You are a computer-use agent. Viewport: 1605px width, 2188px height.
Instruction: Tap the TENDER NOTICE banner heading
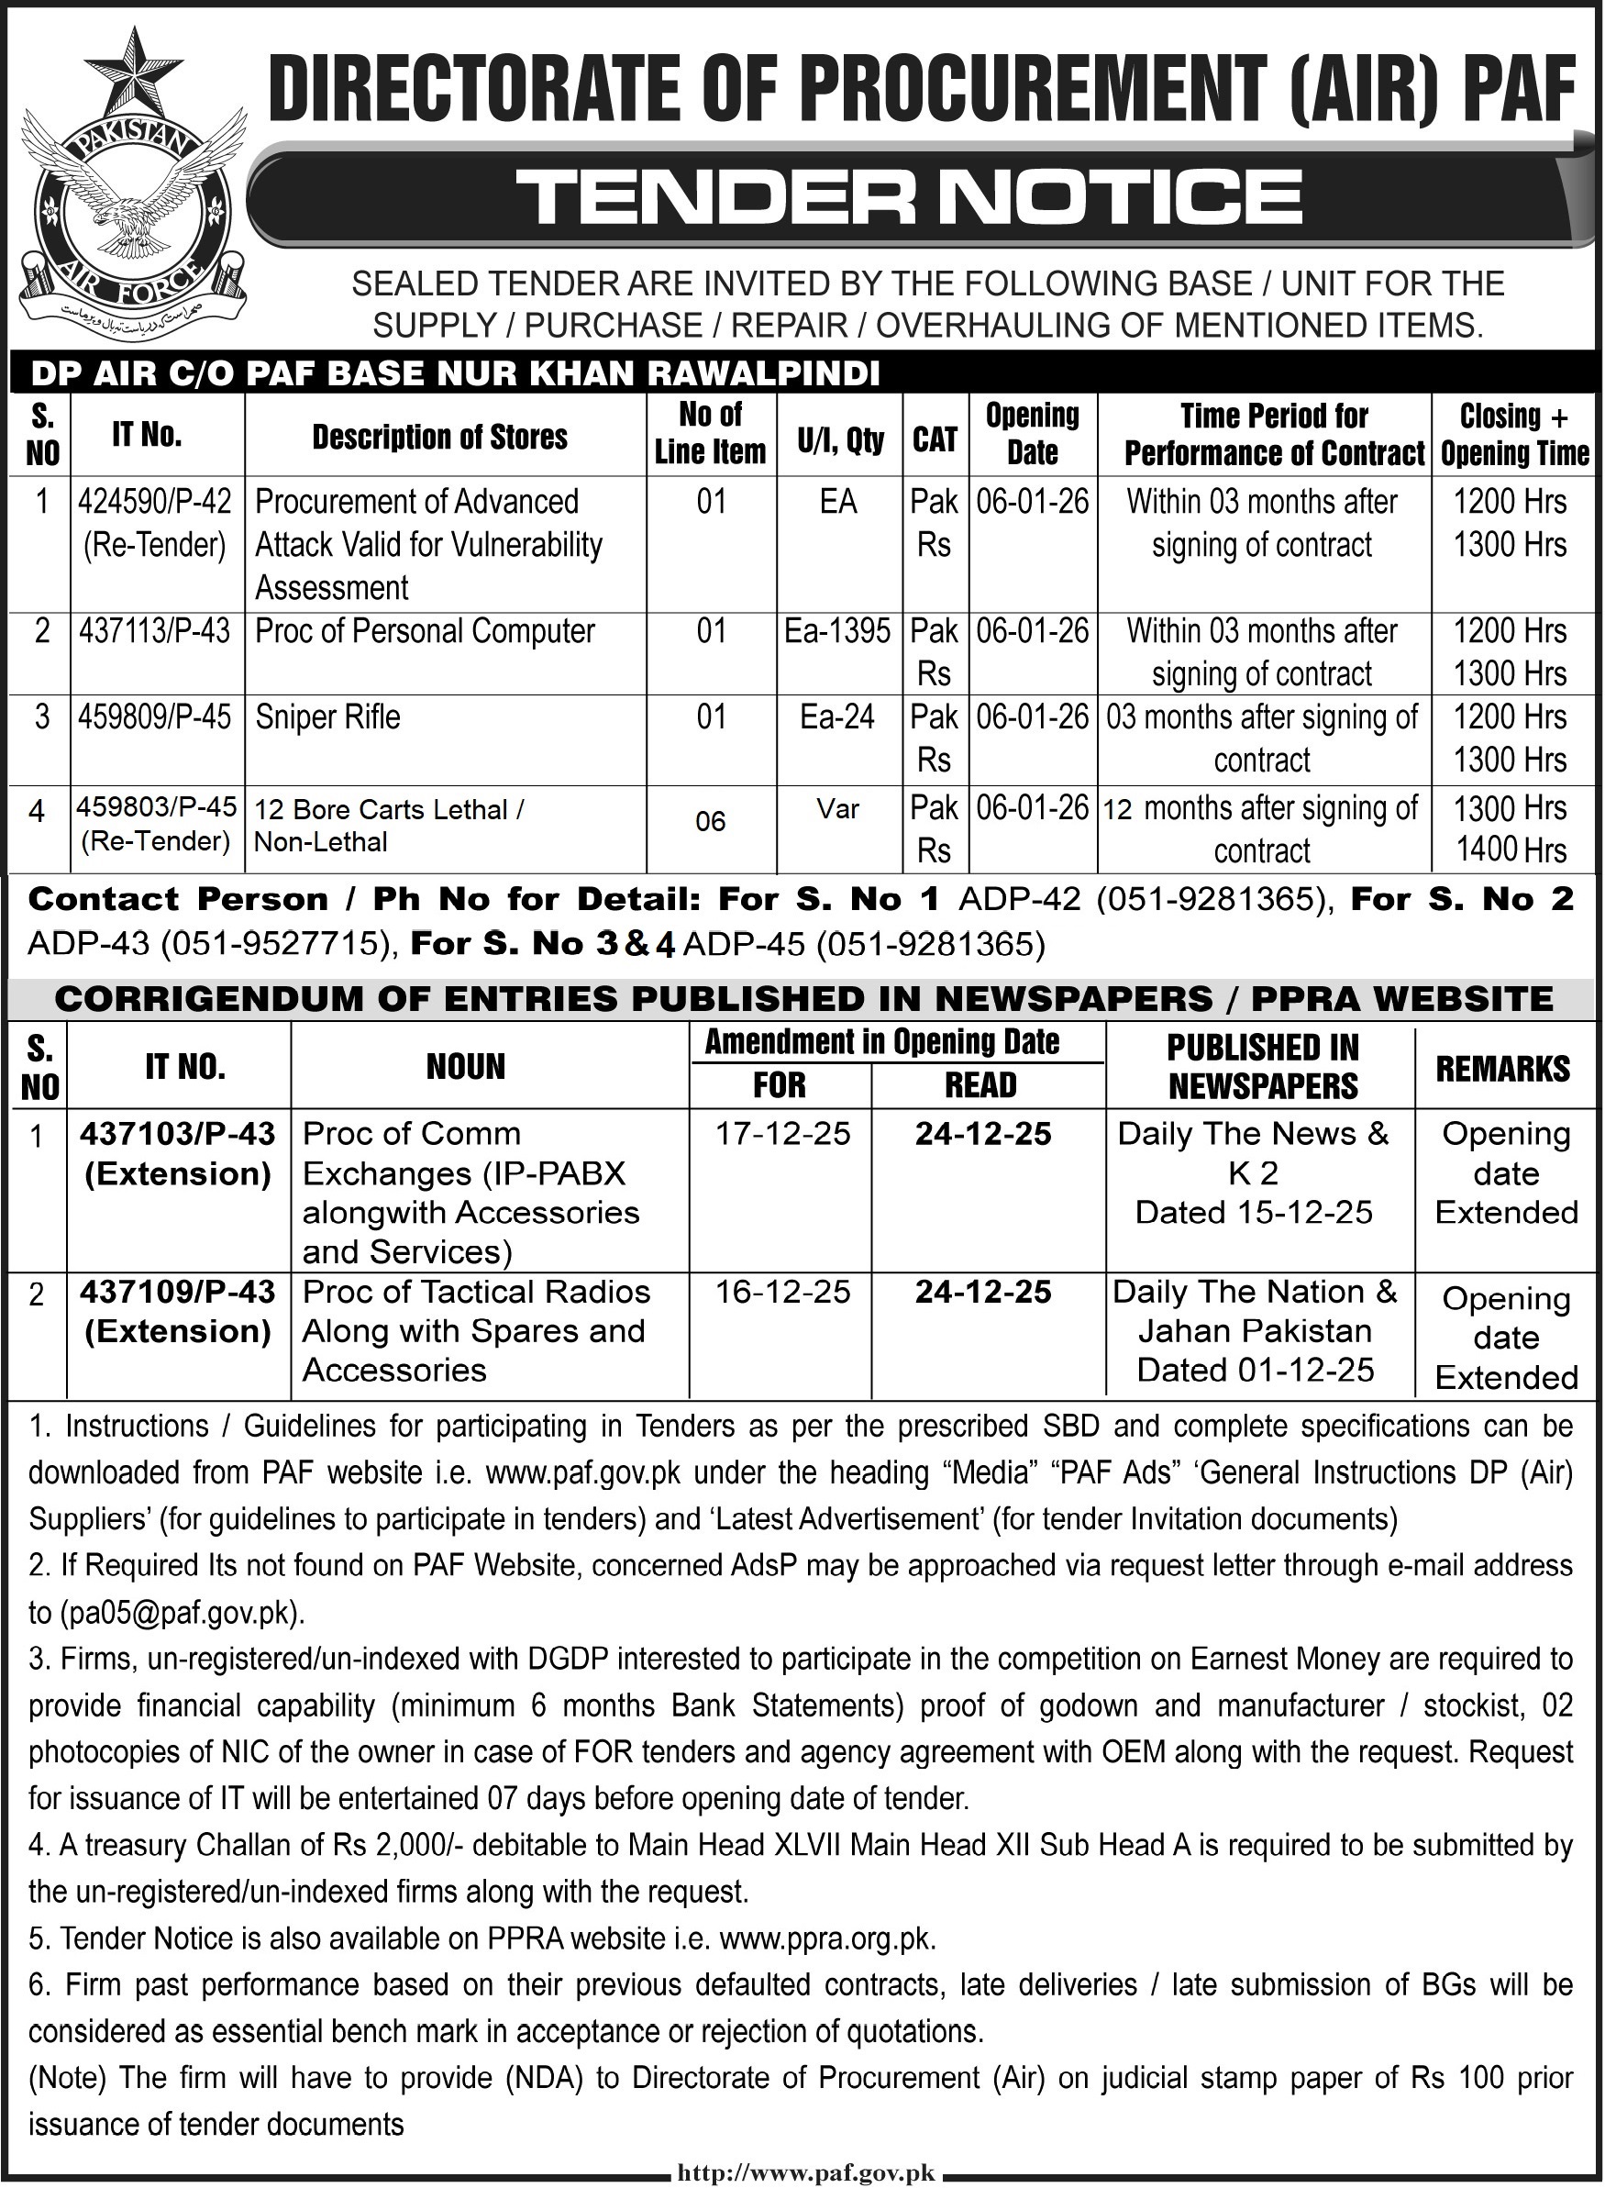coord(912,195)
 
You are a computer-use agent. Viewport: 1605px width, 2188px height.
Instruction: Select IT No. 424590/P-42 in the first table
coord(154,503)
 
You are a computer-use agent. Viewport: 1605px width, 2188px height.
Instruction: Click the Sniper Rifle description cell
coord(327,718)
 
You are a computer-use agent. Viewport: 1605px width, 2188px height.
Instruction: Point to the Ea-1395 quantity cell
coord(837,631)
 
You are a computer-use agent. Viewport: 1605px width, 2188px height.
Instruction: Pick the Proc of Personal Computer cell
coord(425,631)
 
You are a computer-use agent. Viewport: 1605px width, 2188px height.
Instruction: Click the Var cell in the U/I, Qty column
coord(837,808)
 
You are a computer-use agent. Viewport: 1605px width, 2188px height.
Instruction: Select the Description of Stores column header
coord(439,438)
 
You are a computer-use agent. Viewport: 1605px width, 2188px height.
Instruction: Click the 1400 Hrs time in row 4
coord(1510,851)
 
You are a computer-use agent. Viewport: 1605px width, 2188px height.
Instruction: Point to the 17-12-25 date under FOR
coord(782,1134)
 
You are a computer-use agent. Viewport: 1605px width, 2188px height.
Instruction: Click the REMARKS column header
coord(1503,1068)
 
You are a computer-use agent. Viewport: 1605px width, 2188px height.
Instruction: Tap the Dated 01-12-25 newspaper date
coord(1256,1371)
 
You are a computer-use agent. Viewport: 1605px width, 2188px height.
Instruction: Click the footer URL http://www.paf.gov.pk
coord(802,2168)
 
